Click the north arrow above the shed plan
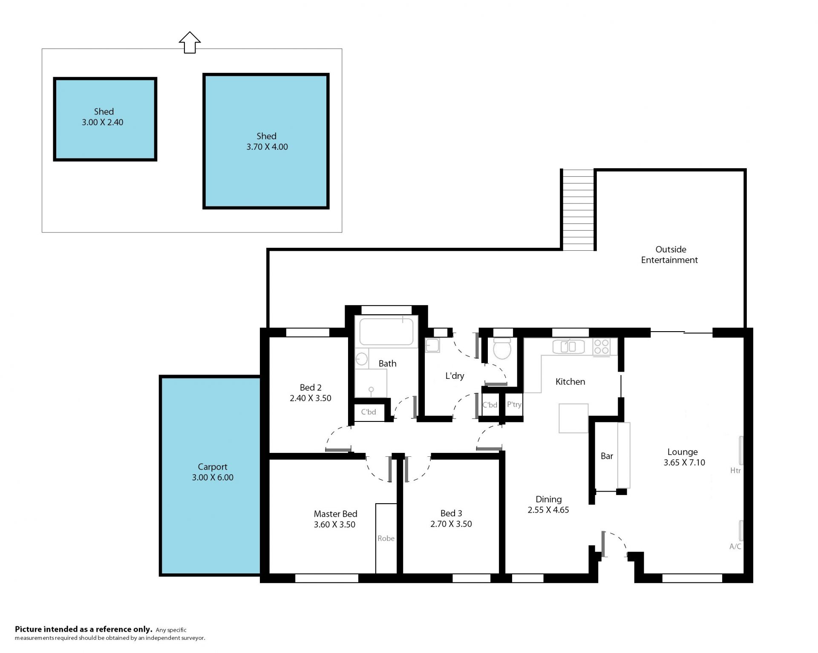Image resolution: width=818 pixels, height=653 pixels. [190, 43]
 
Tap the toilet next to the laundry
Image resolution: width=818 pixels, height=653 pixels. [502, 349]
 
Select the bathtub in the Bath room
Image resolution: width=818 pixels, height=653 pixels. [386, 332]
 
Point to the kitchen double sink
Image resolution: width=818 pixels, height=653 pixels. [569, 347]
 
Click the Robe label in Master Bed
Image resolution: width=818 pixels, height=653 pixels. [386, 538]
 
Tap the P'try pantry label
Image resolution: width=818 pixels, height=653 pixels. [514, 404]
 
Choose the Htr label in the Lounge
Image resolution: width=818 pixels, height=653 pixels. [735, 470]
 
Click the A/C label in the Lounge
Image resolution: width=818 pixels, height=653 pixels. [735, 547]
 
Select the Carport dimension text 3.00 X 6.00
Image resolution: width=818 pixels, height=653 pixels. [213, 478]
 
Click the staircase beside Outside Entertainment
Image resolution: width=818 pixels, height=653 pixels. [578, 210]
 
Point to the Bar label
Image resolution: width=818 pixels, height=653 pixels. [607, 456]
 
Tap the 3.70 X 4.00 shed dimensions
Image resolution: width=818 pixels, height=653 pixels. [267, 147]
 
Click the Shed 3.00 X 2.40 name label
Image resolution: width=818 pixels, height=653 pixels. [104, 112]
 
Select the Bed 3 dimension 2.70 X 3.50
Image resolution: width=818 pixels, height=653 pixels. [451, 524]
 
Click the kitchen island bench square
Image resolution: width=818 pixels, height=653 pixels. [573, 418]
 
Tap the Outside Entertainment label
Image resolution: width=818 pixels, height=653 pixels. [670, 255]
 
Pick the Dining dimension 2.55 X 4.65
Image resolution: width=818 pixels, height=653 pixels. [548, 510]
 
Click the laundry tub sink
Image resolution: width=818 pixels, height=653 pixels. [432, 345]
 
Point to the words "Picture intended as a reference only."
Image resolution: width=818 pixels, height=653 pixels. [84, 629]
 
